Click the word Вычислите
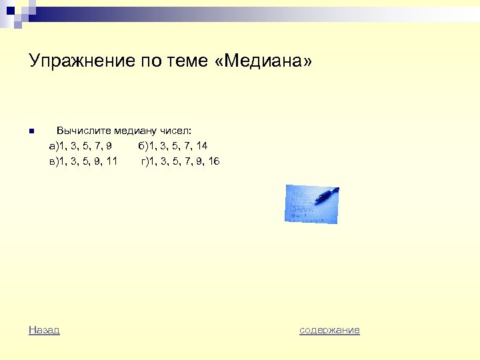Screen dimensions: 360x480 83,131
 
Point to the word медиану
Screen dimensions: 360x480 137,131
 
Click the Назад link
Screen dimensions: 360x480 44,329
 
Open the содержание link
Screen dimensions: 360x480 329,329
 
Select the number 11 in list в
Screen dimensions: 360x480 111,161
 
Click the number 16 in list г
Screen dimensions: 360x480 213,161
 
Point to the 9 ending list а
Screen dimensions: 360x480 109,146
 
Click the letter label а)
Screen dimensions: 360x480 53,146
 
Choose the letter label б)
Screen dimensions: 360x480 143,146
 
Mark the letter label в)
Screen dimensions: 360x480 53,161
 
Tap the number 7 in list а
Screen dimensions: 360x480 96,146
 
